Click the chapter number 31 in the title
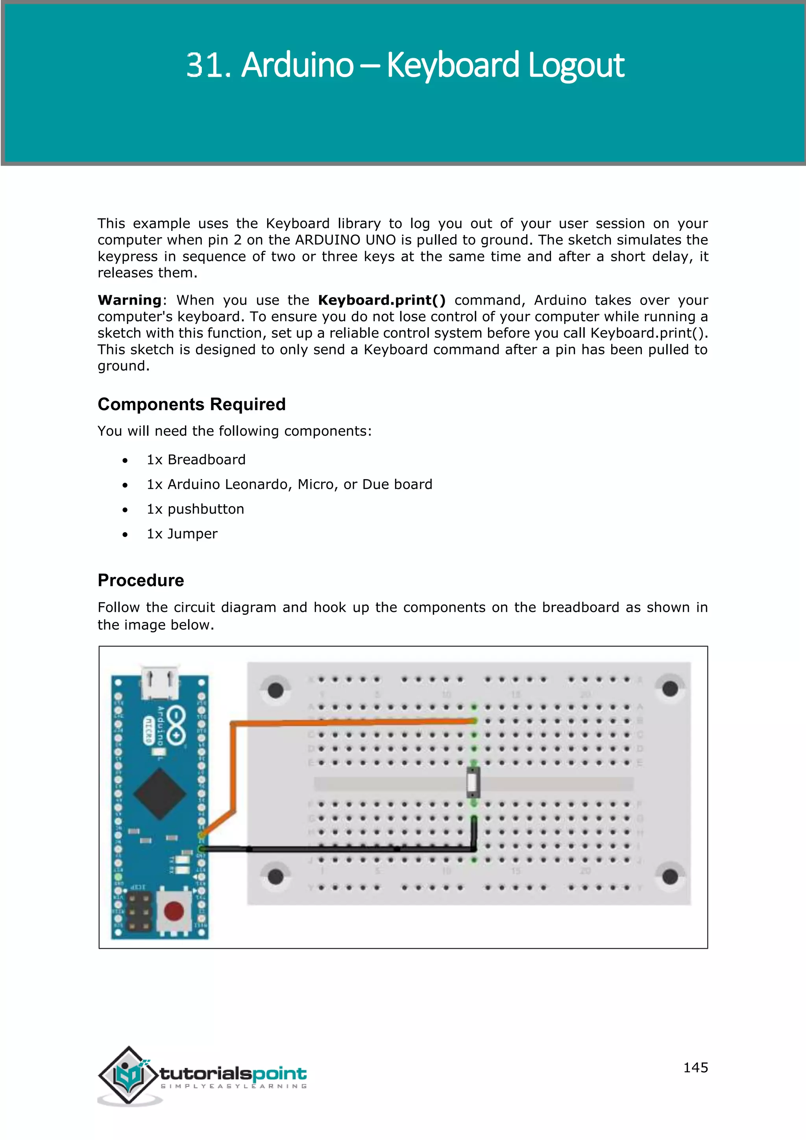tap(205, 65)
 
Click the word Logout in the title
tap(576, 65)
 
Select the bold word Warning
tap(129, 300)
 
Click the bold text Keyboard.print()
tap(382, 300)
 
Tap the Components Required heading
tap(192, 404)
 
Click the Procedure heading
tap(141, 580)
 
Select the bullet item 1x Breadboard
tap(196, 460)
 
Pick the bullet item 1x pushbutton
tap(196, 509)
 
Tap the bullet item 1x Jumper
tap(182, 534)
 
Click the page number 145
tap(695, 1068)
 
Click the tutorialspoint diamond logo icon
tap(129, 1075)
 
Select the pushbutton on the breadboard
tap(473, 783)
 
